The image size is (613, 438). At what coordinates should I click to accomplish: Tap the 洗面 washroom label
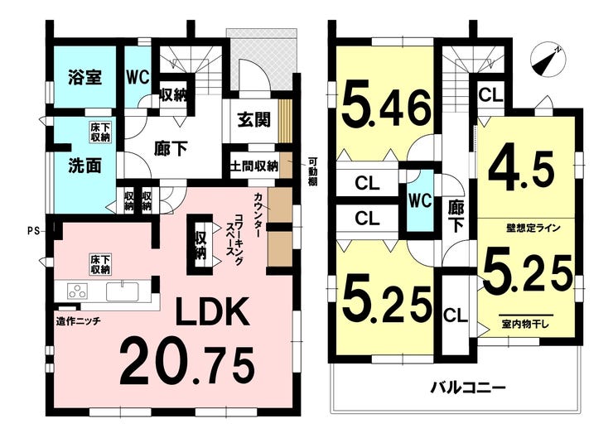click(x=84, y=165)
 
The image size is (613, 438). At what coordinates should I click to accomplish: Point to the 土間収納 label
click(x=253, y=165)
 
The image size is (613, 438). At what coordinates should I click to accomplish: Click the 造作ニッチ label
click(x=79, y=322)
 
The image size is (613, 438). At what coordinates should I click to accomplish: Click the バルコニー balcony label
click(x=467, y=386)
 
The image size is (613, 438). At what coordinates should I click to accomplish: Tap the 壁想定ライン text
click(x=529, y=226)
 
